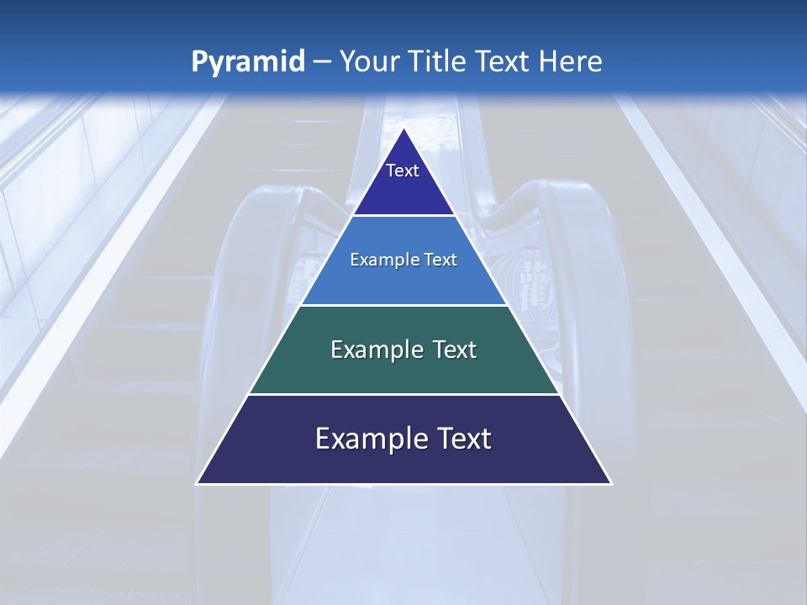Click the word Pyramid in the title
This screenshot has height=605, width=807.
(247, 62)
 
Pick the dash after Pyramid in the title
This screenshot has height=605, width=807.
(321, 62)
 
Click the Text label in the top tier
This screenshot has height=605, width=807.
(403, 171)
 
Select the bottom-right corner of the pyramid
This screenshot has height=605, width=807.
(611, 483)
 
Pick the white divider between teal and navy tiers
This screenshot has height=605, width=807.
(403, 394)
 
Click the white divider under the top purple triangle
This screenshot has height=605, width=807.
(403, 216)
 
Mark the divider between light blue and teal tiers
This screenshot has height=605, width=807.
(403, 305)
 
